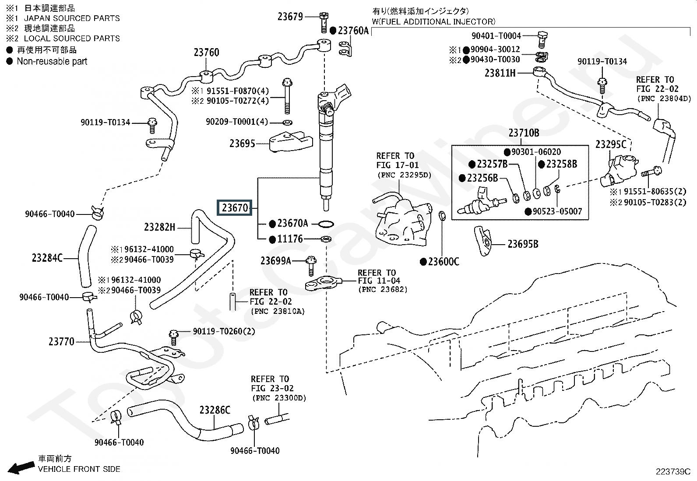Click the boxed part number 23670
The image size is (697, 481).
point(235,207)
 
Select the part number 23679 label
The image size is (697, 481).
point(290,17)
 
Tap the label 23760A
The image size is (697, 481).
point(354,31)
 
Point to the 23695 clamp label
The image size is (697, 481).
point(242,143)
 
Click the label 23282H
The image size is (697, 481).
point(159,227)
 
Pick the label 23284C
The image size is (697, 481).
point(47,258)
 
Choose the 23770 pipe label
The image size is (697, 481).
point(61,341)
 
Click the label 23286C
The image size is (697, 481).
point(215,410)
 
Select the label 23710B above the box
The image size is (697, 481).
point(524,133)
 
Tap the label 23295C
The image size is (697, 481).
point(611,144)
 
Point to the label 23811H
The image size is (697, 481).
point(500,73)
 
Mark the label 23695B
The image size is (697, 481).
point(523,244)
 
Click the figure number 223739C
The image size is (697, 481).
point(672,471)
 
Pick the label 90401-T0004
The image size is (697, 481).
point(496,36)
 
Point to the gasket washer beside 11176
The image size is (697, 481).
point(325,239)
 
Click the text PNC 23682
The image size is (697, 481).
point(383,289)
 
